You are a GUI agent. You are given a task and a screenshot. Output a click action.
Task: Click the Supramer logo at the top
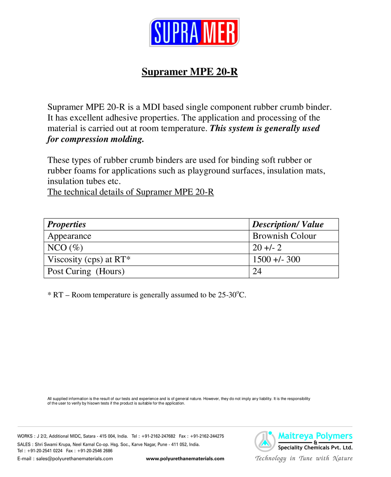[x=194, y=32]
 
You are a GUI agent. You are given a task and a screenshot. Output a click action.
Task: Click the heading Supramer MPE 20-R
[x=190, y=72]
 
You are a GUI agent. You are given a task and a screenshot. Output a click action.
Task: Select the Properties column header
[x=67, y=225]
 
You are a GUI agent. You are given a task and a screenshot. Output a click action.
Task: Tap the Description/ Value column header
[x=288, y=225]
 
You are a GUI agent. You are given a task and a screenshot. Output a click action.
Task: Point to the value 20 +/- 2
[x=267, y=248]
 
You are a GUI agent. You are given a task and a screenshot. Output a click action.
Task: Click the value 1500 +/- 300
[x=276, y=260]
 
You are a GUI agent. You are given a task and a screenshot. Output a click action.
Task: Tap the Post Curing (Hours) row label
[x=86, y=272]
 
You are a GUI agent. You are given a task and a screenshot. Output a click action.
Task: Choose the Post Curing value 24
[x=257, y=272]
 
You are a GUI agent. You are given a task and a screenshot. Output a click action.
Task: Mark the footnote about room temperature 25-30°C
[x=147, y=295]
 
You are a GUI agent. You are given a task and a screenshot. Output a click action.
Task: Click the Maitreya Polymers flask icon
[x=264, y=441]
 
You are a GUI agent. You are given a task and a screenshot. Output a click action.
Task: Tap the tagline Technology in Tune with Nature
[x=304, y=458]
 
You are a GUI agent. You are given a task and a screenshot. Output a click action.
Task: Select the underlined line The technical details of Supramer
[x=130, y=192]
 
